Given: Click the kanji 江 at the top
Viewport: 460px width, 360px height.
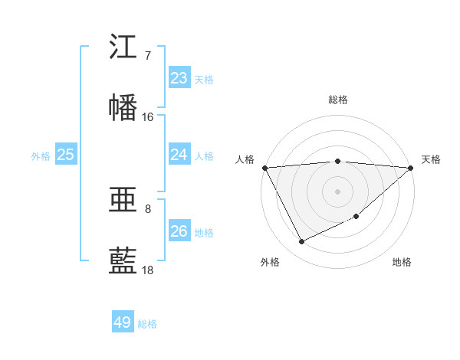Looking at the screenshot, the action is coord(123,47).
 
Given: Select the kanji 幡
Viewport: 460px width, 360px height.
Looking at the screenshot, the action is coord(123,108).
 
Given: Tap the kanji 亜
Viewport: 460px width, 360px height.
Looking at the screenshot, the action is coord(123,201).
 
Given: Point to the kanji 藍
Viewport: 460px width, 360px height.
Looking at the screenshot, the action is coord(123,261).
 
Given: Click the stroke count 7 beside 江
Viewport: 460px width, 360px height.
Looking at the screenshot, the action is coord(148,56).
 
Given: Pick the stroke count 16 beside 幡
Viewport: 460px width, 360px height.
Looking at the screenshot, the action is coord(148,117).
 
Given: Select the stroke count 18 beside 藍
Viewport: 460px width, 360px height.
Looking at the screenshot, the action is coord(148,270).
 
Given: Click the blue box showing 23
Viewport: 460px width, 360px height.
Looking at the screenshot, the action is coord(179,78).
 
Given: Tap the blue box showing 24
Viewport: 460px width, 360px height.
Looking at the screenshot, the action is coord(179,155).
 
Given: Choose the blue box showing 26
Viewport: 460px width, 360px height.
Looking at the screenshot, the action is coord(179,231).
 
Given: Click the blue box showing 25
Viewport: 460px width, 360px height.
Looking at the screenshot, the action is coord(65,155).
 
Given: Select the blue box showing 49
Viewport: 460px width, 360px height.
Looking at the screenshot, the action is coord(123,322).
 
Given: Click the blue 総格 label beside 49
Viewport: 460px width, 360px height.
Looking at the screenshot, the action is coord(148,324).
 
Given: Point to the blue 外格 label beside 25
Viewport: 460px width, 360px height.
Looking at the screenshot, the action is coord(41,156).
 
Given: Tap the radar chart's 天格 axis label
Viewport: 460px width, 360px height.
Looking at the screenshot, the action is coord(431,159).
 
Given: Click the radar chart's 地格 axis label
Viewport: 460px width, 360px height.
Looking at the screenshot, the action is coord(402,262).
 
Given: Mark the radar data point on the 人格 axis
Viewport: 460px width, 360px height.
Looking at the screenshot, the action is coord(264,168).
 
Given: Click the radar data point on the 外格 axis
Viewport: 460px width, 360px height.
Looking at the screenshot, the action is coord(301,242).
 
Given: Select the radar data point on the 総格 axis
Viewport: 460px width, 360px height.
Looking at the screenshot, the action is coord(338,161).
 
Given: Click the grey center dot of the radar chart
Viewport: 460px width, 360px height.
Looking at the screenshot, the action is coord(338,191).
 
